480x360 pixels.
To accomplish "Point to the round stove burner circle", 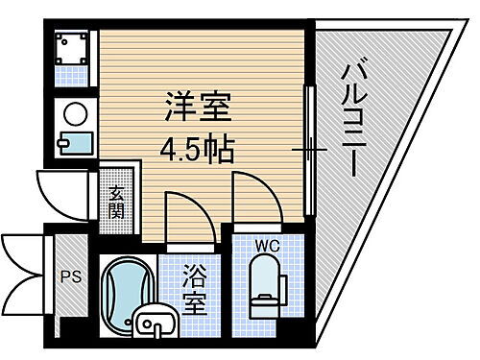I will [73, 114].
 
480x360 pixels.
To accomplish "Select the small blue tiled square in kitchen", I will [73, 74].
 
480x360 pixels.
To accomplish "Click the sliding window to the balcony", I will [309, 149].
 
